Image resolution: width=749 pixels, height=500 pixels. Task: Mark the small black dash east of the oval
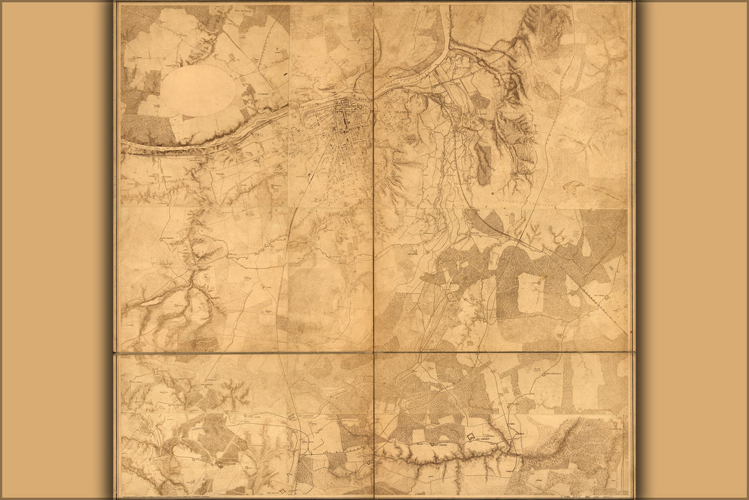point(285,73)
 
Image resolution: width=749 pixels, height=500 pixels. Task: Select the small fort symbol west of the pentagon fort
point(433,446)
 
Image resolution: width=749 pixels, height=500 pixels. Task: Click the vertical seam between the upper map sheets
point(373,179)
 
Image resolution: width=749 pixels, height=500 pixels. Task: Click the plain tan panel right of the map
point(693,250)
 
